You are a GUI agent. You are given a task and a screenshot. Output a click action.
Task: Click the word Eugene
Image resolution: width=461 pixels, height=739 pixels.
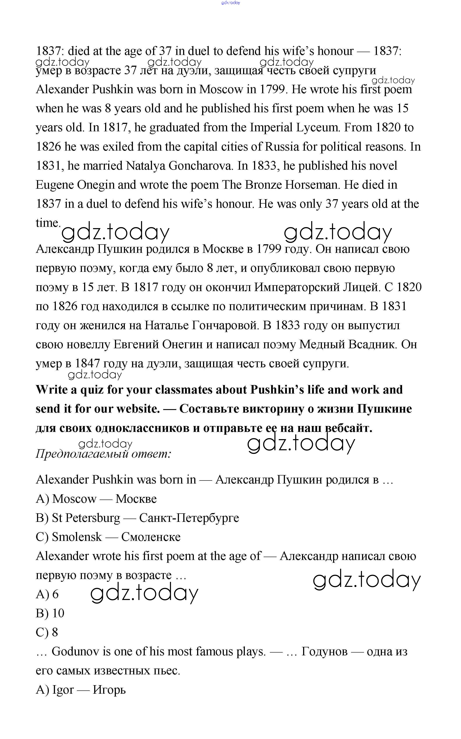tap(55, 185)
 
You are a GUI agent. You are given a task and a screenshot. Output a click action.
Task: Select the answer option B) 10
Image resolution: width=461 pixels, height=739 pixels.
tap(50, 613)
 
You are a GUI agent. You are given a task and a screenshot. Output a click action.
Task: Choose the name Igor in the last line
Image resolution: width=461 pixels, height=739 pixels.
tap(63, 690)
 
